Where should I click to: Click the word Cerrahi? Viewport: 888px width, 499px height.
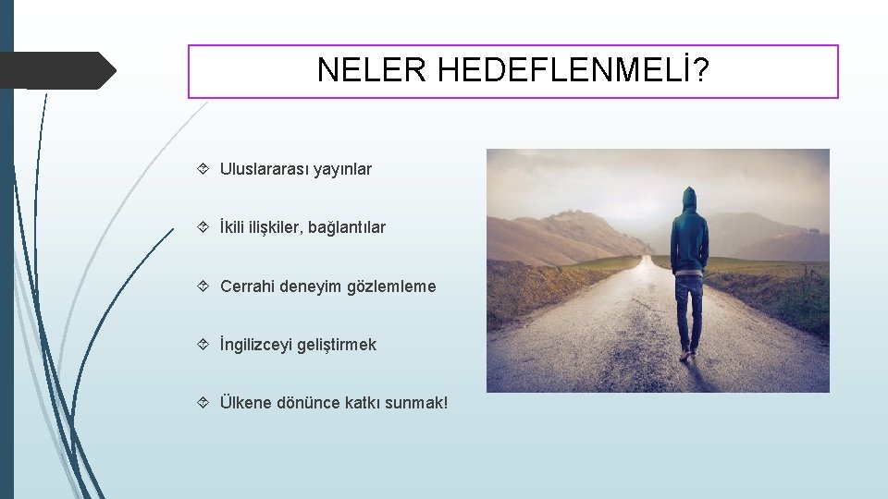[248, 286]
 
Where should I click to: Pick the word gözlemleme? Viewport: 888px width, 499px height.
[391, 286]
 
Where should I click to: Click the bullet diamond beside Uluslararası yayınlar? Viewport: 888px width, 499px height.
[203, 169]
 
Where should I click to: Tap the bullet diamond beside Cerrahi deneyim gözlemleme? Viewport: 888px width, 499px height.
[203, 286]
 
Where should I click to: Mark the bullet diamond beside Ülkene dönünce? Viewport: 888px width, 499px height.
[203, 403]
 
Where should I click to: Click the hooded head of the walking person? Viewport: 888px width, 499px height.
[689, 199]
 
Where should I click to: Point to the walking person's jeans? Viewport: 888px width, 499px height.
[688, 310]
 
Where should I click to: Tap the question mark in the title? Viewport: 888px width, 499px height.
[704, 70]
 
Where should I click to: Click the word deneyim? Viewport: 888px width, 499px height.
[311, 286]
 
